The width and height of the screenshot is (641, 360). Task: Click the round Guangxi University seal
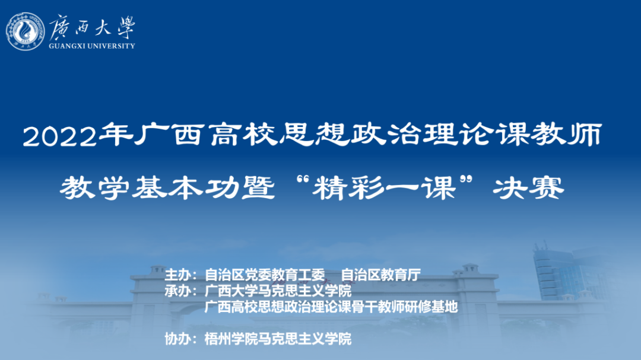[26, 32]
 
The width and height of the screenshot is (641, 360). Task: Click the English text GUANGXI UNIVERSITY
[92, 46]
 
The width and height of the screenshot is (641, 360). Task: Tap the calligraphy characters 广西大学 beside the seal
[93, 27]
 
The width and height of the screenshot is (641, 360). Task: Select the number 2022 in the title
[60, 136]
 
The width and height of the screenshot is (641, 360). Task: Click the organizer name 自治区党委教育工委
[265, 275]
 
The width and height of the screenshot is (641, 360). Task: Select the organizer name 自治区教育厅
[381, 275]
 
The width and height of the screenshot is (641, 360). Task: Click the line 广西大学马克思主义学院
[278, 291]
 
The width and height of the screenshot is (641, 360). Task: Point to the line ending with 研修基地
[331, 307]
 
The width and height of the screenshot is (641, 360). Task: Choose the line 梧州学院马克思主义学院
[278, 339]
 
